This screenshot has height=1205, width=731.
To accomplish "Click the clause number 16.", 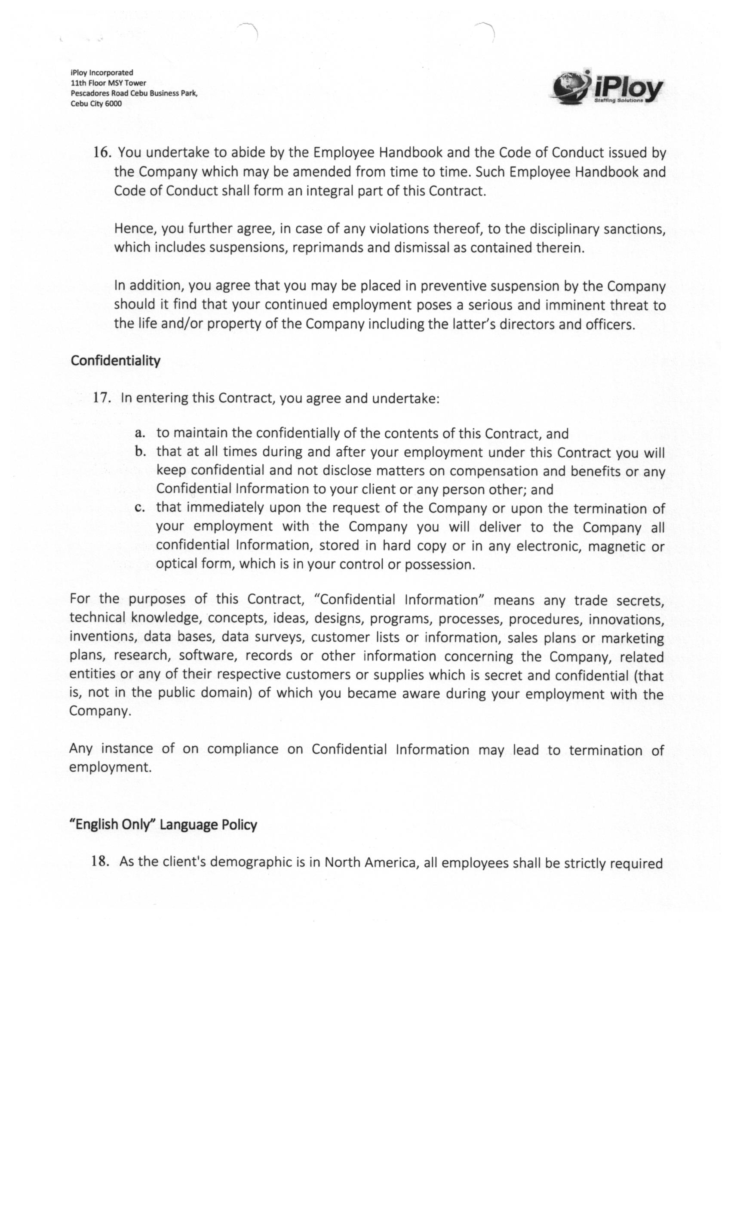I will pyautogui.click(x=103, y=153).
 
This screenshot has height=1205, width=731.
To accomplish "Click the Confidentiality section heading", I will pyautogui.click(x=115, y=361).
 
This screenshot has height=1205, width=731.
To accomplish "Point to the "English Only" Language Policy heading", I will pyautogui.click(x=163, y=825).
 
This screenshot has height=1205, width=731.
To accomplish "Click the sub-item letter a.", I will pyautogui.click(x=140, y=433).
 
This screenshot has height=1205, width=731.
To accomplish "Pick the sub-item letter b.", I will pyautogui.click(x=140, y=451).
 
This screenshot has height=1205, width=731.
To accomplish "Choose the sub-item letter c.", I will pyautogui.click(x=140, y=508).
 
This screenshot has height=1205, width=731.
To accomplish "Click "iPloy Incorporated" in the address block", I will pyautogui.click(x=101, y=72).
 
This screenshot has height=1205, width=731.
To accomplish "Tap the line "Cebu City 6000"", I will pyautogui.click(x=96, y=104).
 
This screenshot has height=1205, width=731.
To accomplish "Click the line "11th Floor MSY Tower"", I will pyautogui.click(x=108, y=83).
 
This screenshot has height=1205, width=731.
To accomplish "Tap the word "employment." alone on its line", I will pyautogui.click(x=110, y=767).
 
